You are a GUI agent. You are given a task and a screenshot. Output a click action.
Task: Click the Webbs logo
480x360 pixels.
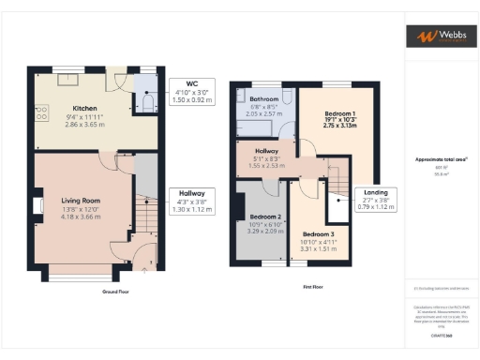441,37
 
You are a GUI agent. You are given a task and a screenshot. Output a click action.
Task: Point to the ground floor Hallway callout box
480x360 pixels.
191,201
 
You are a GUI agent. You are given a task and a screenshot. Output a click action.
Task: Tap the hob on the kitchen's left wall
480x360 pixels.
42,113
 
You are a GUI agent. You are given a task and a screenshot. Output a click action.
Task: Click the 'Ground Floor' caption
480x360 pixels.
88,292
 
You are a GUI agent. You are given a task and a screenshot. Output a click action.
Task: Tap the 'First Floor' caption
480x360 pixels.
313,287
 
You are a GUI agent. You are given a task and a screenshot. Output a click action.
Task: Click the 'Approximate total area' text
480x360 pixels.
441,159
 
